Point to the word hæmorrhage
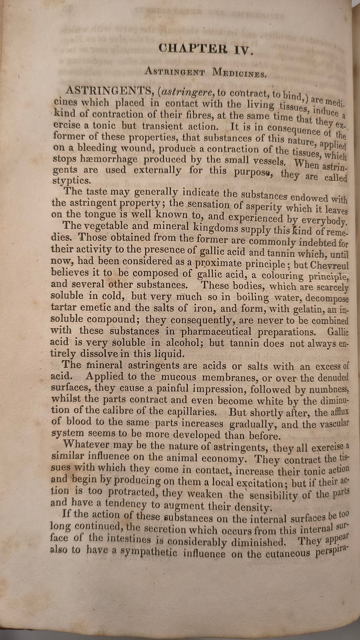109,159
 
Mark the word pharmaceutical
216,332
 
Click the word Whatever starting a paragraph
86,445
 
